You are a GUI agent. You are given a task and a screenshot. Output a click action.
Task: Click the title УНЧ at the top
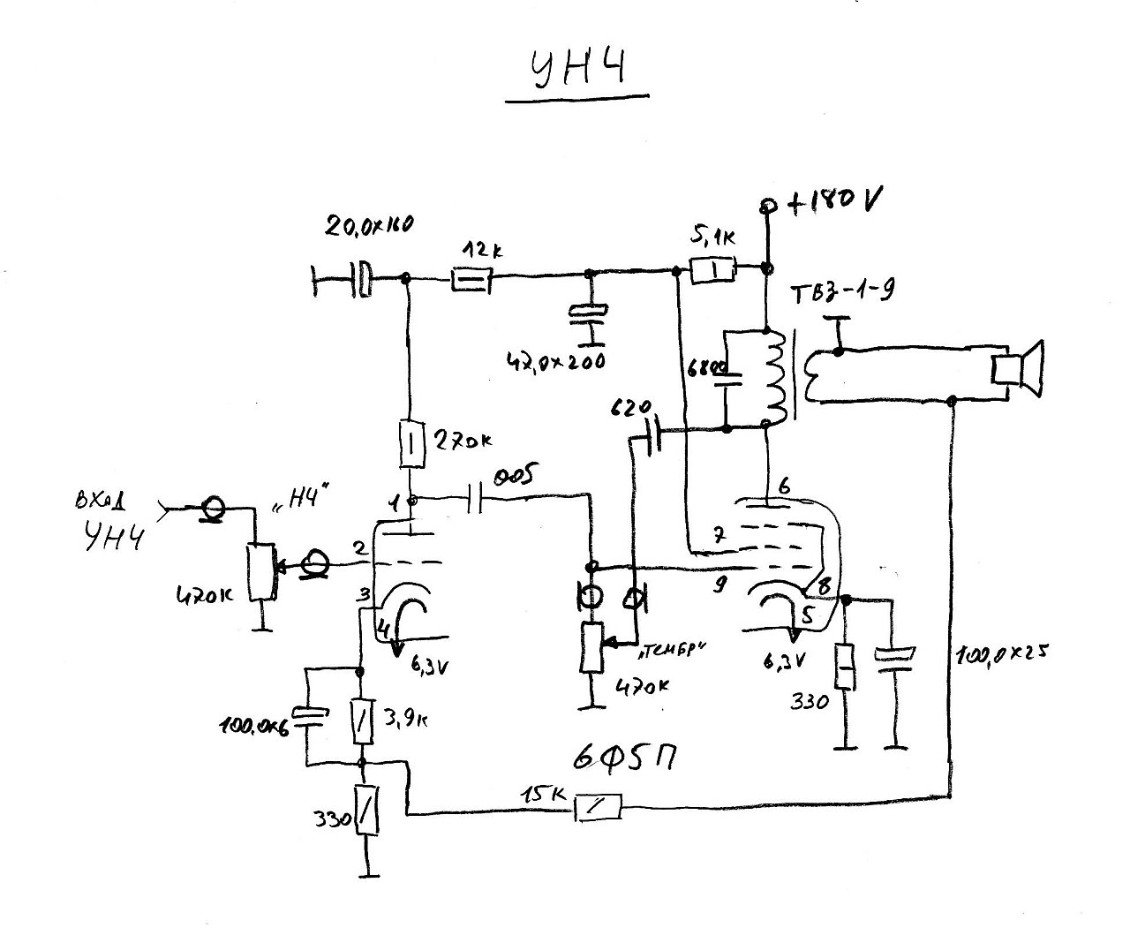coord(577,72)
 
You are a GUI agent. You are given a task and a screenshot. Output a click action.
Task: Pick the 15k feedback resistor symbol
coord(599,806)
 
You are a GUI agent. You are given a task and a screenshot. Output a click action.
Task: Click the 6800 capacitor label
coord(704,366)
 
